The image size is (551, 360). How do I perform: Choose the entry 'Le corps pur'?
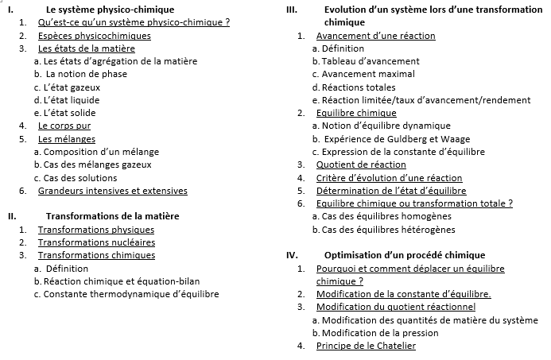click(64, 126)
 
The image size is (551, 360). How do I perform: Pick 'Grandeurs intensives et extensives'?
click(113, 191)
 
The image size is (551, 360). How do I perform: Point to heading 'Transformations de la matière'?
click(112, 216)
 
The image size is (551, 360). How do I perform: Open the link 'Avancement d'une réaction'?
click(375, 36)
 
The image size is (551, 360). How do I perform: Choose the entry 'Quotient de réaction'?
click(361, 165)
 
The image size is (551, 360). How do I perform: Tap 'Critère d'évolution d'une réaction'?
click(389, 178)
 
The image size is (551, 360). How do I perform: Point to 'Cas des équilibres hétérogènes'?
click(387, 230)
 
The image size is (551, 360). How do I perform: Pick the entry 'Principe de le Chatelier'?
click(366, 346)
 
